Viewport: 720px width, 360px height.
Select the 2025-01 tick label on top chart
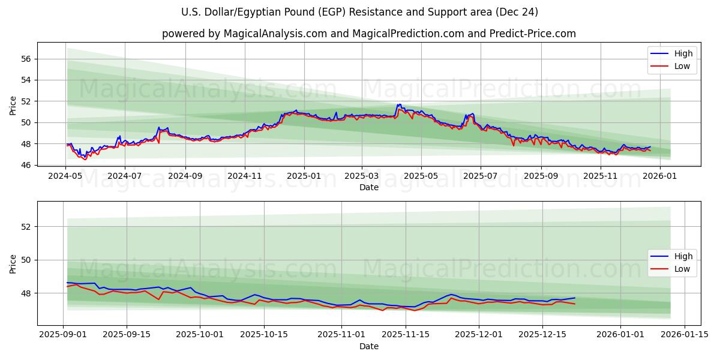coord(304,176)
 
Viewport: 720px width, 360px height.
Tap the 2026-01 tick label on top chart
coord(659,176)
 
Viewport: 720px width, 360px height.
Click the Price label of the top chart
coord(13,106)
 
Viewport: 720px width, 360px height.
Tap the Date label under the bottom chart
coord(369,346)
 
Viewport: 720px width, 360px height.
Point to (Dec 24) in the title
coord(517,12)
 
